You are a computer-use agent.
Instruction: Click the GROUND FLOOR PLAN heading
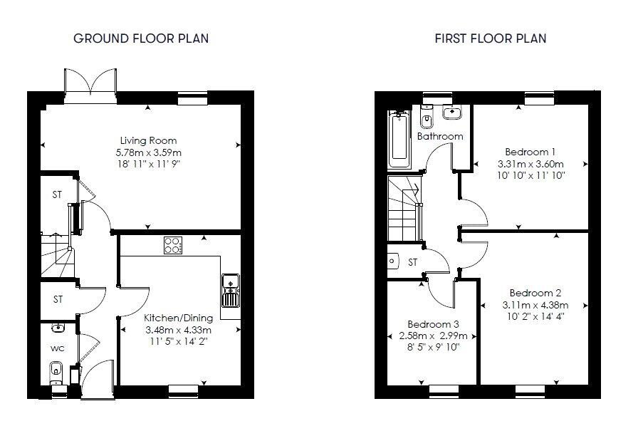[141, 38]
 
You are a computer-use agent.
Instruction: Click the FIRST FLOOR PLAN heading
[491, 38]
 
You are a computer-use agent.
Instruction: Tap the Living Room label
[148, 140]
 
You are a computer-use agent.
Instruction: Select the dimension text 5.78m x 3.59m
[148, 152]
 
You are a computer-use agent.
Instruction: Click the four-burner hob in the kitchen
[172, 244]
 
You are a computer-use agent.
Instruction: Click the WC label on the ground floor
[58, 349]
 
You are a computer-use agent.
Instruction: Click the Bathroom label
[440, 136]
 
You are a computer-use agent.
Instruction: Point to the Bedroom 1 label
[530, 151]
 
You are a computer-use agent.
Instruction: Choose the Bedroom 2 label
[535, 293]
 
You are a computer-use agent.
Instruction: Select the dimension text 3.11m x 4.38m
[535, 306]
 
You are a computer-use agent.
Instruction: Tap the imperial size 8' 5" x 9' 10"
[433, 348]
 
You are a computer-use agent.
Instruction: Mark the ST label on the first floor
[412, 263]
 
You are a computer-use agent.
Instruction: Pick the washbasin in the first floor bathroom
[452, 112]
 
